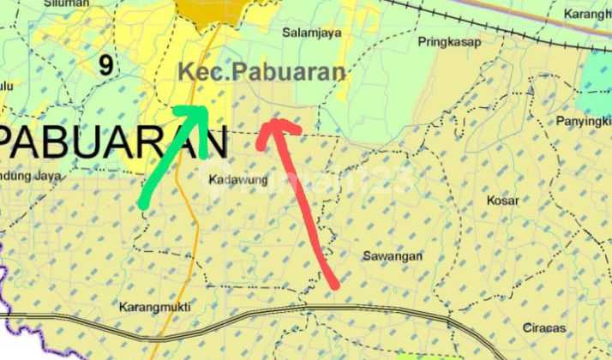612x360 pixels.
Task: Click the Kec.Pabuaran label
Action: [261, 73]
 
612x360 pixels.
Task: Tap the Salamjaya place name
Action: [308, 33]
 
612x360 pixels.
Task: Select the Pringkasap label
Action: [450, 41]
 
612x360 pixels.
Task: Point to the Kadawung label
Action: [238, 180]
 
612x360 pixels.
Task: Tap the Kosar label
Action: [502, 200]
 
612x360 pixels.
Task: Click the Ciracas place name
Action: [545, 327]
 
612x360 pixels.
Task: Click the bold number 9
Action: [105, 65]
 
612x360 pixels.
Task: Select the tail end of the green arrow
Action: [142, 205]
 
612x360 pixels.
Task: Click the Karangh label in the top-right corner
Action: [587, 15]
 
